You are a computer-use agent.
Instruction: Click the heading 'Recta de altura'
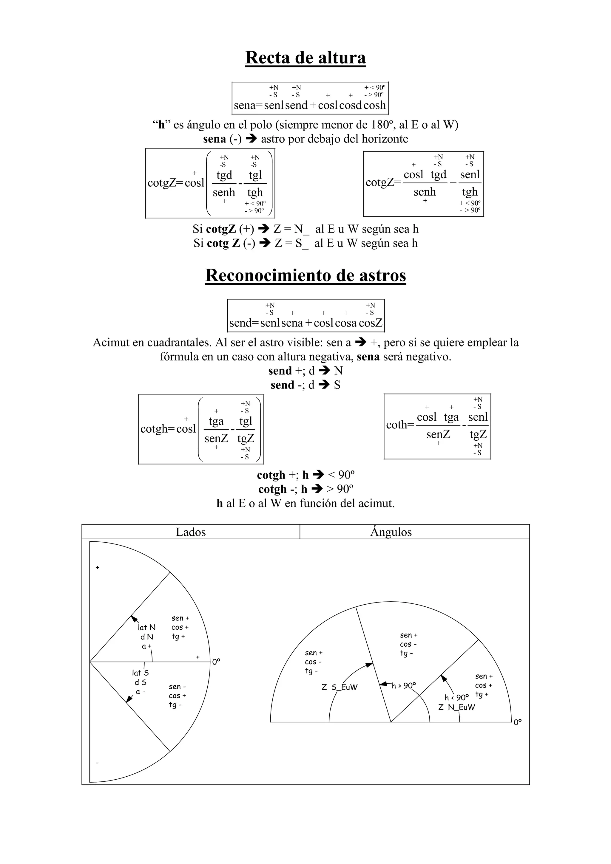[305, 58]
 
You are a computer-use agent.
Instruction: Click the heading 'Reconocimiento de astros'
[305, 275]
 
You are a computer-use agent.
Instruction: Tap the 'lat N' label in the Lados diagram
[146, 627]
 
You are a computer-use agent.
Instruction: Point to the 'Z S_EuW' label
[339, 687]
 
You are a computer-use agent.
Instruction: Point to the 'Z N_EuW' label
[457, 707]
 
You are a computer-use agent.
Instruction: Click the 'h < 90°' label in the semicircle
[456, 698]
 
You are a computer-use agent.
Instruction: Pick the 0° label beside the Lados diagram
[216, 662]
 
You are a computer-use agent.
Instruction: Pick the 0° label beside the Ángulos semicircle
[518, 722]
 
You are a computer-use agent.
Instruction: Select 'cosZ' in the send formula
[371, 323]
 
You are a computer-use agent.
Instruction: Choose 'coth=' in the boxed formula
[400, 425]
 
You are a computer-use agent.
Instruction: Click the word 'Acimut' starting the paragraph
[109, 343]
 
